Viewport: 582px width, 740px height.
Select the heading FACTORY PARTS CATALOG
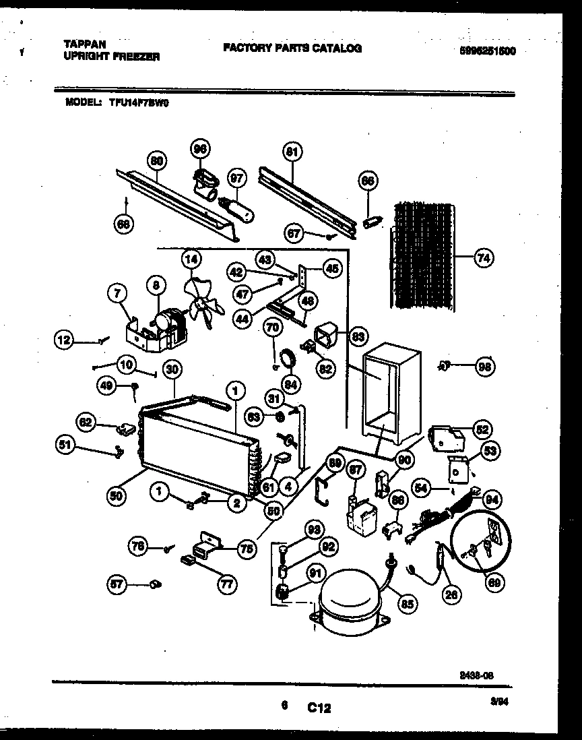[292, 48]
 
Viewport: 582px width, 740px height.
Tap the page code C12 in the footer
[319, 708]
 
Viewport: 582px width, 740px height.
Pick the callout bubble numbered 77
[226, 584]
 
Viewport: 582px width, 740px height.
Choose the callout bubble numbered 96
[200, 149]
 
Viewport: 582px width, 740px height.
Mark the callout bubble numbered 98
[483, 367]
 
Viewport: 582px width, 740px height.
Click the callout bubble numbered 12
[64, 342]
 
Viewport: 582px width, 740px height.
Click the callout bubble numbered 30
[173, 369]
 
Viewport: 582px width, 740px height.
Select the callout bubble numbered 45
[330, 268]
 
